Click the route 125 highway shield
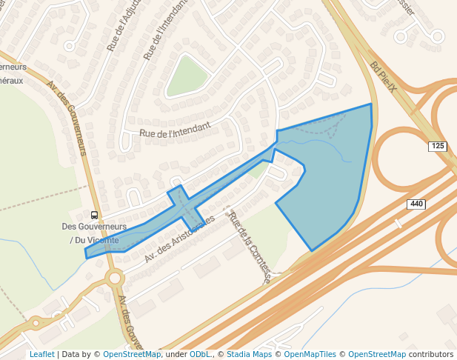pyautogui.click(x=437, y=147)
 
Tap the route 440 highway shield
pyautogui.click(x=416, y=204)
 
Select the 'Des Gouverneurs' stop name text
pyautogui.click(x=94, y=227)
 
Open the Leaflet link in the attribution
pyautogui.click(x=41, y=354)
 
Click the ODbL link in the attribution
pyautogui.click(x=199, y=354)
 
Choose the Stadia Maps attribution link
pyautogui.click(x=249, y=354)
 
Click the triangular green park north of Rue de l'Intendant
pyautogui.click(x=186, y=77)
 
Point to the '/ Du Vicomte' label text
pyautogui.click(x=94, y=240)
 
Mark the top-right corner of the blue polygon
pyautogui.click(x=370, y=104)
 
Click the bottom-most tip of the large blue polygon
pyautogui.click(x=312, y=250)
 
